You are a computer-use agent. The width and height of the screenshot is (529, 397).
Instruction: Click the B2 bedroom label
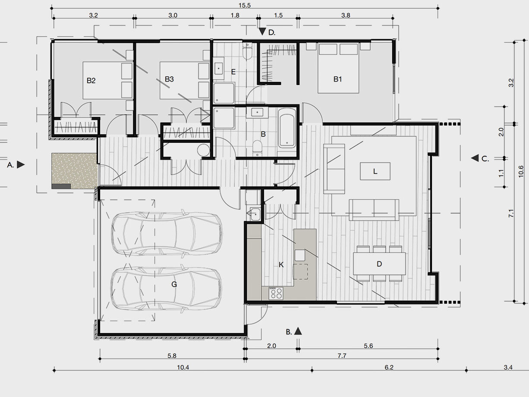(x=91, y=81)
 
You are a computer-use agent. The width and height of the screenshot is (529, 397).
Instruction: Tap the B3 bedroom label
(x=169, y=79)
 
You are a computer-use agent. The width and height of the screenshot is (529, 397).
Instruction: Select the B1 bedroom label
(x=337, y=79)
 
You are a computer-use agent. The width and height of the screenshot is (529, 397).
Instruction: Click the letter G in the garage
(x=174, y=284)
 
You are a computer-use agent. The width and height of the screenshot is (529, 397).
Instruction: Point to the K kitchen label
(x=281, y=265)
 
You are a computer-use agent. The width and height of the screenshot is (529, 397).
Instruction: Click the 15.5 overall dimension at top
(x=245, y=5)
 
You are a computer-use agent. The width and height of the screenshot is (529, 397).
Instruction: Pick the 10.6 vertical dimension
(x=521, y=171)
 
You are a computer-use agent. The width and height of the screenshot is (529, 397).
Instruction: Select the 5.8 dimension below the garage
(x=172, y=356)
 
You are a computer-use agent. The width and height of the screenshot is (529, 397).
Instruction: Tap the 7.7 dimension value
(x=342, y=356)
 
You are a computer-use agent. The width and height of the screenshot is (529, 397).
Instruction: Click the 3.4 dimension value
(x=508, y=367)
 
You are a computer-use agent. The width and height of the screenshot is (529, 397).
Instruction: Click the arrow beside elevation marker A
(x=21, y=165)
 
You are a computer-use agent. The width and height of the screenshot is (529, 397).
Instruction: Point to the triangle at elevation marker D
(x=262, y=32)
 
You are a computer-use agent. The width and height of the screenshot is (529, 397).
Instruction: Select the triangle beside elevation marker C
(x=475, y=158)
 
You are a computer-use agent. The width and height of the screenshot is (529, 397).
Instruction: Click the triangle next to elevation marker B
(x=298, y=331)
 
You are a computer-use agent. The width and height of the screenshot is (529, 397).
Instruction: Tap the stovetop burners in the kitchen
(x=276, y=293)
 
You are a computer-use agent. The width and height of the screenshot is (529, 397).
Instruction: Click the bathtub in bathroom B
(x=287, y=128)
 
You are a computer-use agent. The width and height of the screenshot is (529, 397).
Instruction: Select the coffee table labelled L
(x=375, y=171)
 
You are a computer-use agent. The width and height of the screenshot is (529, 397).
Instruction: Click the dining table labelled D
(x=379, y=264)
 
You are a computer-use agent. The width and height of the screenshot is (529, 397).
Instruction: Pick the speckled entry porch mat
(x=75, y=170)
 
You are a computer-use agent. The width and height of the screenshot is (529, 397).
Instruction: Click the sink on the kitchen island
(x=299, y=255)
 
